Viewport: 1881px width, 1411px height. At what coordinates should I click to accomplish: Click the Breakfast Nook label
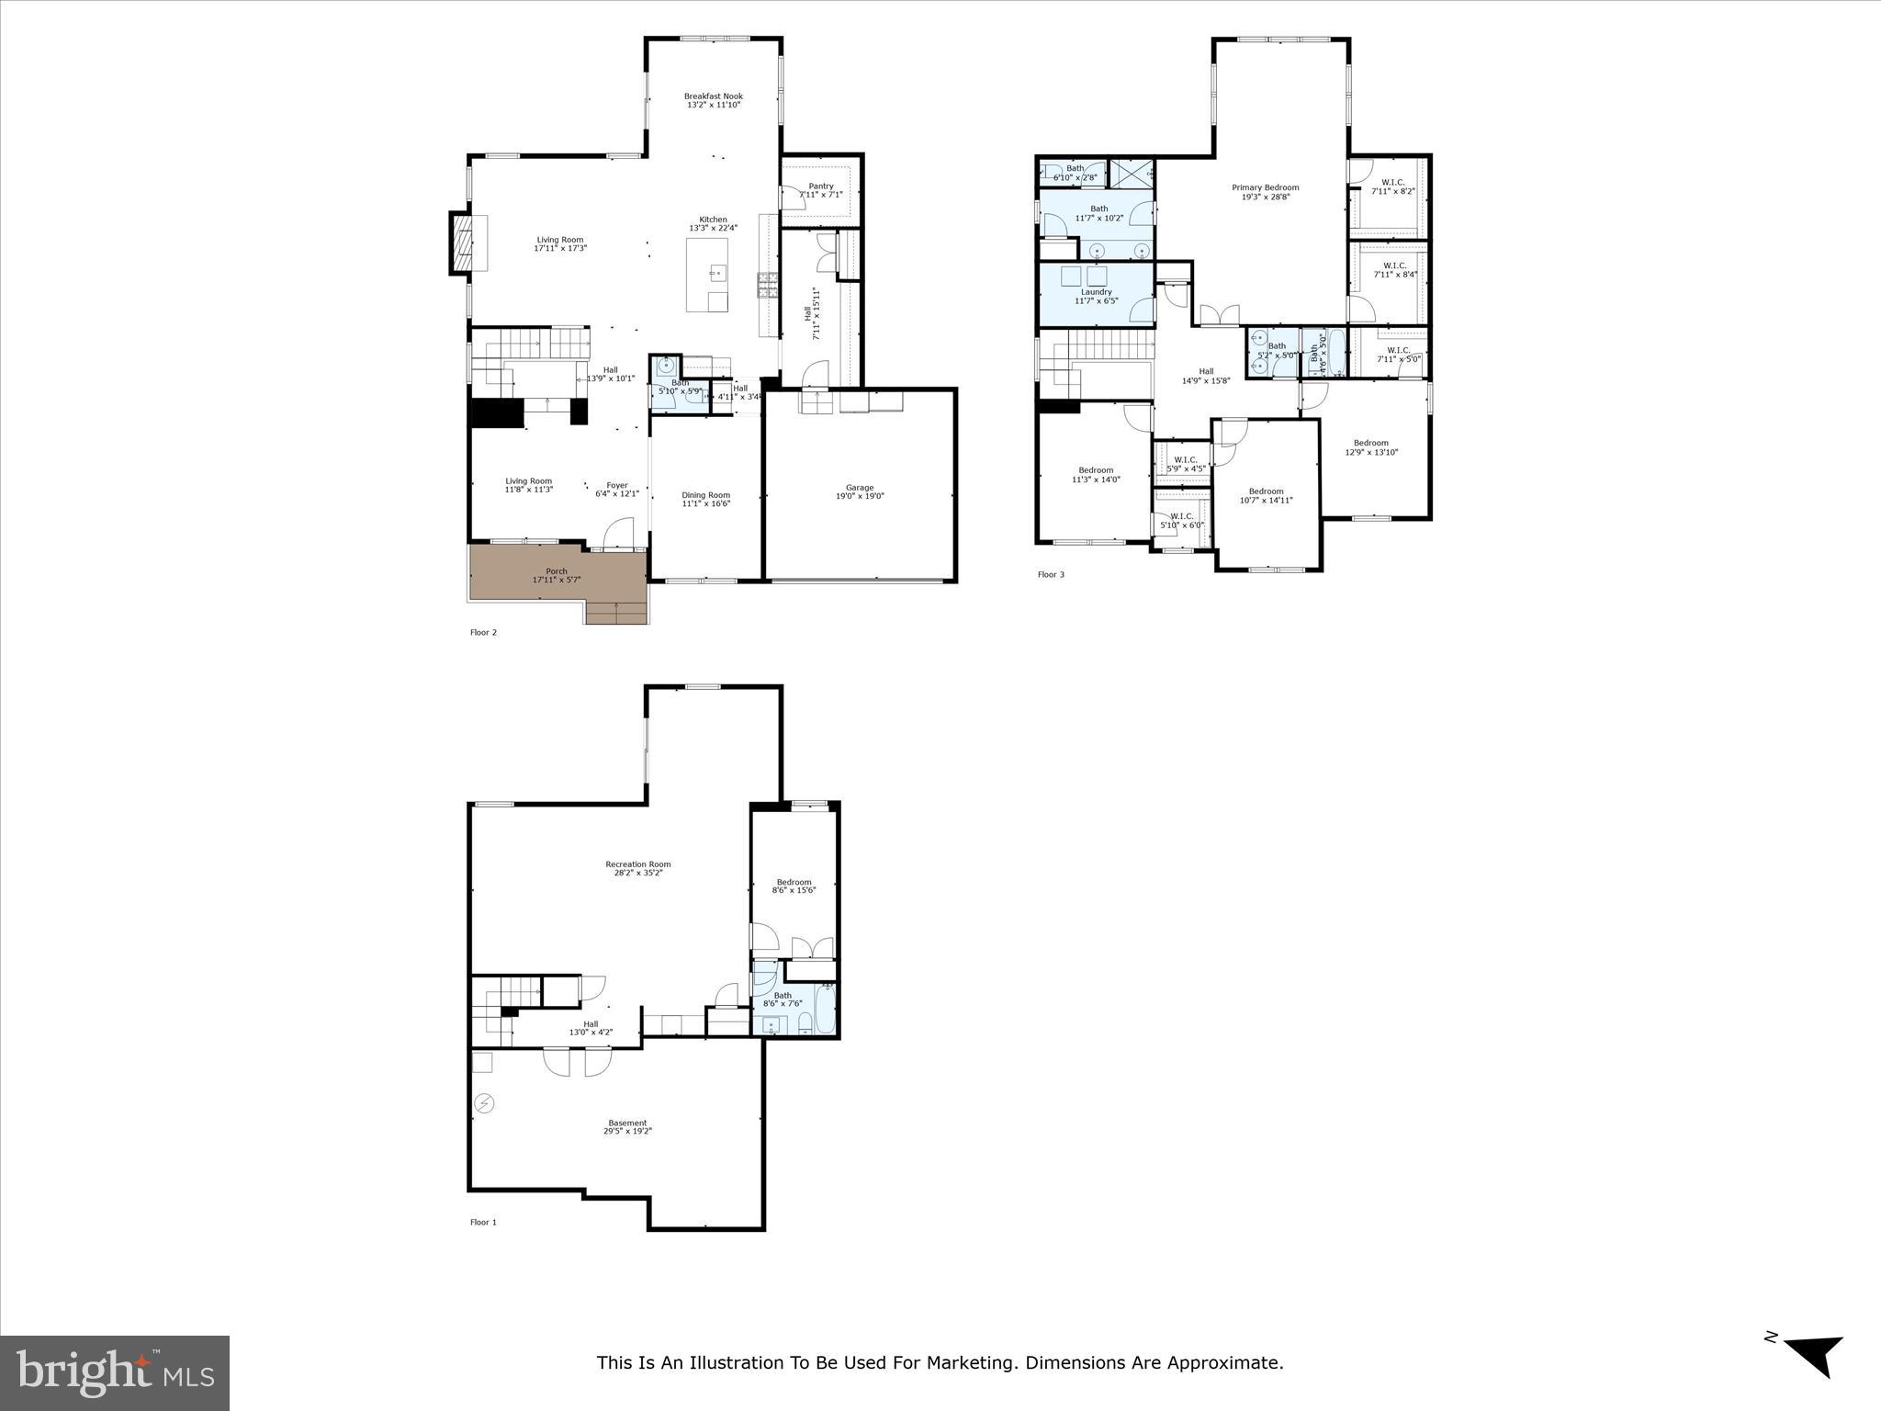[x=713, y=96]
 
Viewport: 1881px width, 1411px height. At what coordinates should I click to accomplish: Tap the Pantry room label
[x=820, y=186]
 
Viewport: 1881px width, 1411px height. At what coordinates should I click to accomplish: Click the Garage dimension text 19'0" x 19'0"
[x=860, y=497]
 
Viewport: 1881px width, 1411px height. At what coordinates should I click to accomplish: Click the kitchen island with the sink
[x=707, y=275]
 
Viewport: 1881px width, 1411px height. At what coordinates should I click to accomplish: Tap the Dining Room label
[x=705, y=495]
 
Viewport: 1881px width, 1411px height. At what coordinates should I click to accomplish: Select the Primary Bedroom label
[x=1265, y=187]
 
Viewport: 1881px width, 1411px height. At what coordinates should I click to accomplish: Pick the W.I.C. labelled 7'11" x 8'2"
[x=1392, y=187]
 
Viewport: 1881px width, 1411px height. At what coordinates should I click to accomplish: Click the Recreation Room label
[x=637, y=864]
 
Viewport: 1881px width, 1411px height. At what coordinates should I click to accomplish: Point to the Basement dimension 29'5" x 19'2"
[x=627, y=1132]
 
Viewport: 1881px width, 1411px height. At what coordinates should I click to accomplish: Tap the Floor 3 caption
[x=1051, y=575]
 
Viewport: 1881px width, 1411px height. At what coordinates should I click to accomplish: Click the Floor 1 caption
[x=483, y=1223]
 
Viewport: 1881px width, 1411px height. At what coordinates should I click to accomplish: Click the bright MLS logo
[x=115, y=1373]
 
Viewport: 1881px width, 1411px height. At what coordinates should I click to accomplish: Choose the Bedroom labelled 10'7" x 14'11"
[x=1266, y=495]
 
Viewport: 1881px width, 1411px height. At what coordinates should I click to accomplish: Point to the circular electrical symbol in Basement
[x=484, y=1103]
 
